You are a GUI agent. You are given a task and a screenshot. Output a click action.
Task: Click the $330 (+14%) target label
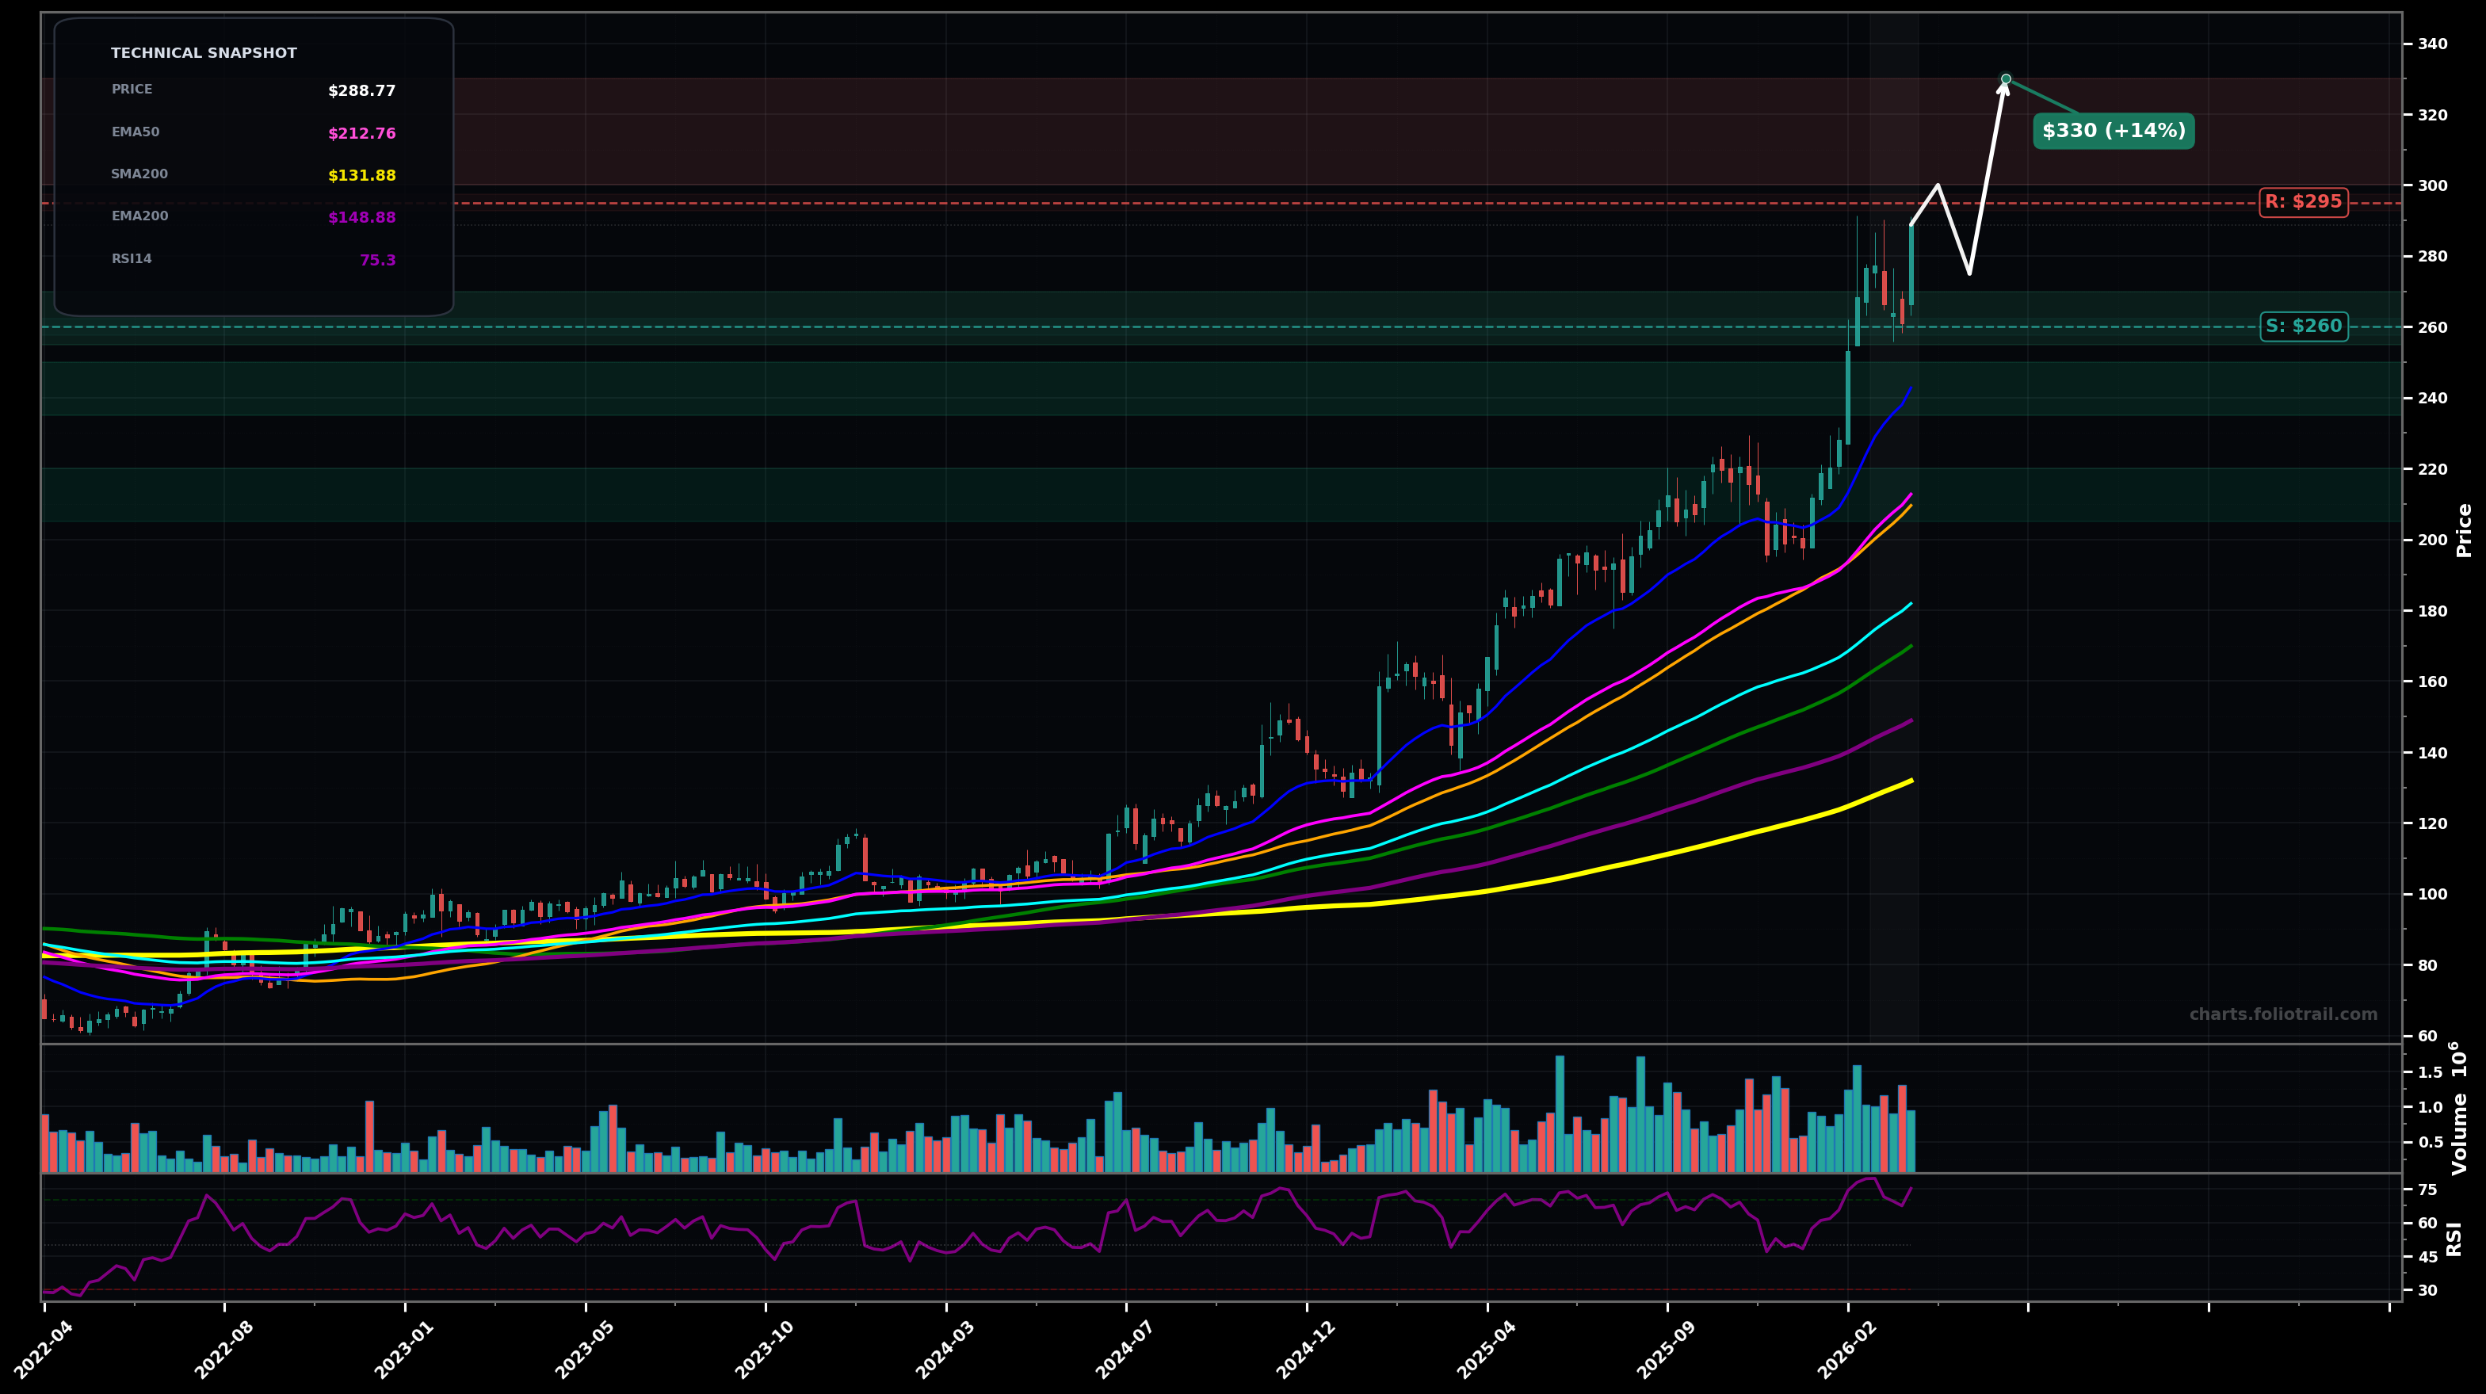click(2113, 132)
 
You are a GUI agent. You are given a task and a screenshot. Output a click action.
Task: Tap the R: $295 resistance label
click(2303, 203)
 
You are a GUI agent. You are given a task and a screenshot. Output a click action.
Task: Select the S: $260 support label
click(2303, 327)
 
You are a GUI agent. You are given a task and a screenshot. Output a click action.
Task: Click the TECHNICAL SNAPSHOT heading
click(204, 54)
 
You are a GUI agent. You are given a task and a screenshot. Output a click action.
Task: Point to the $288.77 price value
click(362, 92)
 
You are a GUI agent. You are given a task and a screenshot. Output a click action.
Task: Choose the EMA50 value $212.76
click(362, 134)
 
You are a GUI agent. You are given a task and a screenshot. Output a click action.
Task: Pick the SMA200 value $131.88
click(362, 176)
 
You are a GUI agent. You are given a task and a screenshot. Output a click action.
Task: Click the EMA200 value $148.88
click(362, 218)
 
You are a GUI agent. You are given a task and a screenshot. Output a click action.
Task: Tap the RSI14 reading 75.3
click(377, 261)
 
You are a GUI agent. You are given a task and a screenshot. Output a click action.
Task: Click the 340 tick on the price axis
click(2432, 44)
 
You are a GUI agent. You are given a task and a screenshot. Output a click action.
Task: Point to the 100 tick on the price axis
click(2432, 894)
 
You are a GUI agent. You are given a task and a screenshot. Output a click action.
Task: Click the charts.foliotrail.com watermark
click(2282, 1014)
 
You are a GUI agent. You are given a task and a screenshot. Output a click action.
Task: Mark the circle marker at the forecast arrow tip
click(2006, 79)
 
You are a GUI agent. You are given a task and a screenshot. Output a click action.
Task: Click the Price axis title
click(2464, 530)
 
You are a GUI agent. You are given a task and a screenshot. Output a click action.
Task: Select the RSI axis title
click(2454, 1239)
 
